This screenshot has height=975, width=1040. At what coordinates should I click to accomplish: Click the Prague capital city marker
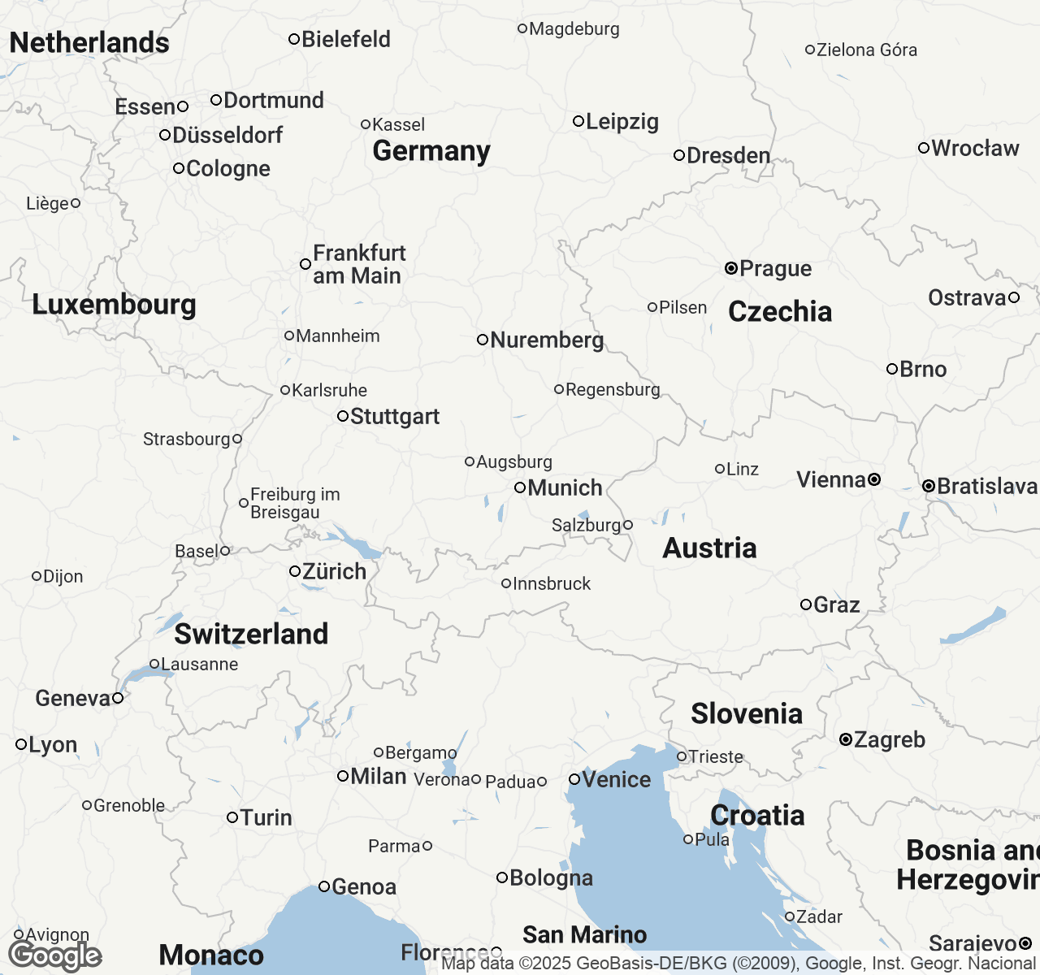(730, 267)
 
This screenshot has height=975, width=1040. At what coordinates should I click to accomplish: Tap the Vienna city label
(830, 480)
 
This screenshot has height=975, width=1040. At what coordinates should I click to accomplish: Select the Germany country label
(431, 151)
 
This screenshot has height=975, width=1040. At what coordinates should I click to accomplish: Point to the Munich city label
(565, 488)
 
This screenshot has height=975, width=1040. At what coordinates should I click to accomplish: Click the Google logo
(54, 955)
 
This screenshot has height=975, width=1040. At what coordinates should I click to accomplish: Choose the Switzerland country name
(251, 634)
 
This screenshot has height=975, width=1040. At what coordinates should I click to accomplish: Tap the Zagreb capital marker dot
(846, 739)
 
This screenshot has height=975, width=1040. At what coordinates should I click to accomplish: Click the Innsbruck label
(552, 583)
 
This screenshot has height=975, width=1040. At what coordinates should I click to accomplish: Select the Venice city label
(617, 779)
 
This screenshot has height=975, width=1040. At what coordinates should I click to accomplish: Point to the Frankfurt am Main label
(358, 264)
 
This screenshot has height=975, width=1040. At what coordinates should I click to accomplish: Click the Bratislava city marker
(928, 486)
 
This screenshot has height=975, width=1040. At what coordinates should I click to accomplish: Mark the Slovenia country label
(747, 713)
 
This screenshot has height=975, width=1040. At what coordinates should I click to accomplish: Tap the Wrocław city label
(975, 148)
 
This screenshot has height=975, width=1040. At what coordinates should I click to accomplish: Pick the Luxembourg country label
(114, 305)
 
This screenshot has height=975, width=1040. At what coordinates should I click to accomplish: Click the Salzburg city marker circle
(627, 525)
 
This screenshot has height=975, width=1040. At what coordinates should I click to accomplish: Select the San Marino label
(584, 934)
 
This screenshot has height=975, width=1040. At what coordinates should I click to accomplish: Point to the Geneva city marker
(118, 698)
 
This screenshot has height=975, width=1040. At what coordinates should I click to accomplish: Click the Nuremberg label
(547, 340)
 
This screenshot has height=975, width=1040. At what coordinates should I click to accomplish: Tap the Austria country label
(709, 548)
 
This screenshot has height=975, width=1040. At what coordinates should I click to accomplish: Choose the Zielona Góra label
(866, 50)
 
